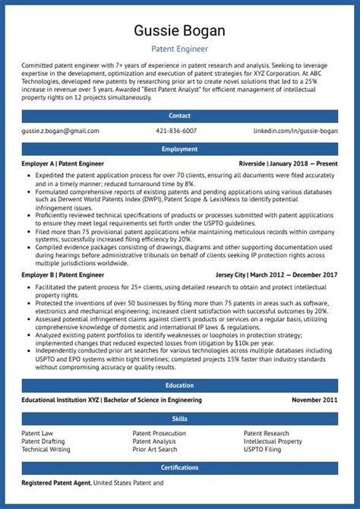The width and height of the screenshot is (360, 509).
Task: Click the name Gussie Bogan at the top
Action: point(179,31)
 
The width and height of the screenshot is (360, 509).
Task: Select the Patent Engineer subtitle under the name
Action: point(179,49)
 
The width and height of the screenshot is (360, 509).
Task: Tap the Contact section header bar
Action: point(179,116)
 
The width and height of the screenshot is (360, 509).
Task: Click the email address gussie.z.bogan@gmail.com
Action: point(61,131)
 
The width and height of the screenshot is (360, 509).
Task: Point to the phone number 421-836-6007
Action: point(176,131)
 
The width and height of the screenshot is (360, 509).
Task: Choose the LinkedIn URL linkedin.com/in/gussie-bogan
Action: point(295,131)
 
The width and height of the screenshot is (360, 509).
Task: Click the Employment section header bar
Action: point(179,149)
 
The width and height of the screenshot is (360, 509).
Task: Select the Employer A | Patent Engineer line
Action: point(63,163)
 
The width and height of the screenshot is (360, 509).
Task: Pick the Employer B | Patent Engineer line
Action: point(63,273)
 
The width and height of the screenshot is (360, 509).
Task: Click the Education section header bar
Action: point(179,385)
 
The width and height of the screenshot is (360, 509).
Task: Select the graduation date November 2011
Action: point(314,400)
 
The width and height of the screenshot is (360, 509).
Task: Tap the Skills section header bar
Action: point(179,418)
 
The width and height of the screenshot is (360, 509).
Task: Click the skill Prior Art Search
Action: point(156,449)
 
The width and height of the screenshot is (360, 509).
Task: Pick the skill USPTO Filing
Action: point(262,449)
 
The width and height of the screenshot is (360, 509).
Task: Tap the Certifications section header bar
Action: point(179,467)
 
